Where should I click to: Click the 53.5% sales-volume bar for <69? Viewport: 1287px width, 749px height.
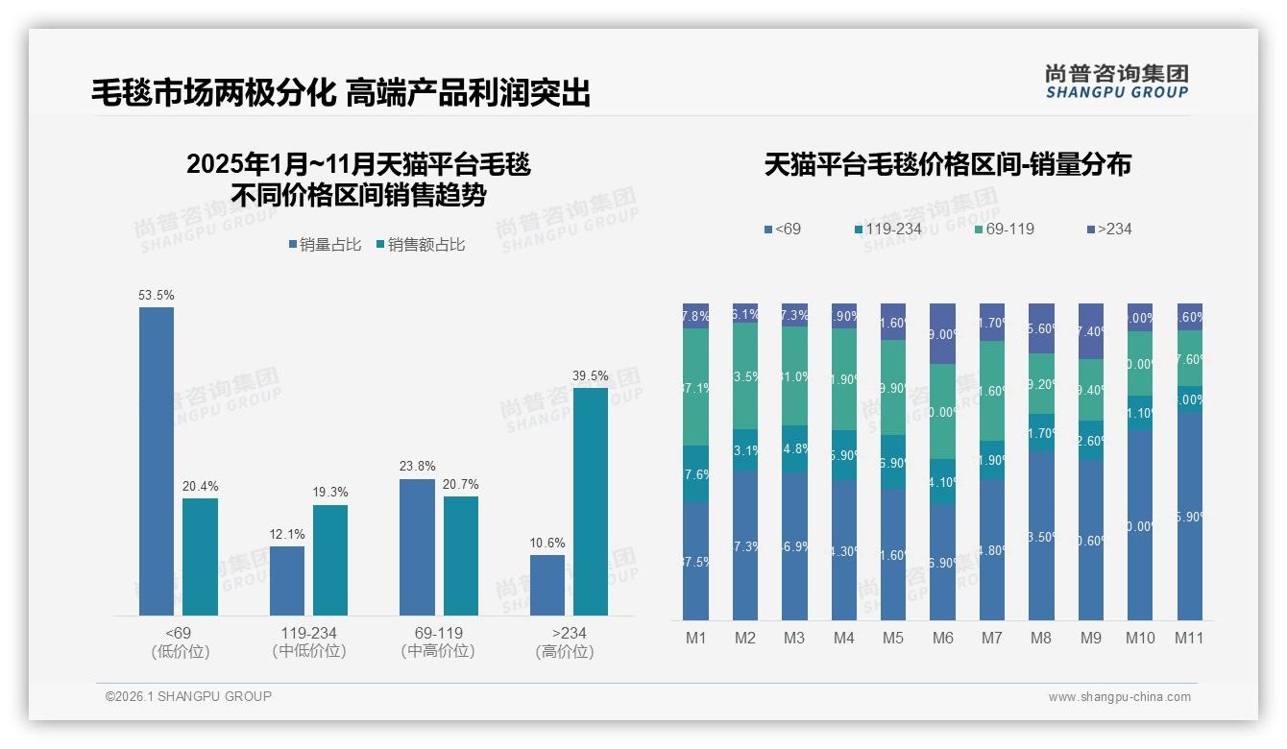tap(157, 461)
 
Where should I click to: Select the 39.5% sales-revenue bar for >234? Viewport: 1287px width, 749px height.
tap(591, 501)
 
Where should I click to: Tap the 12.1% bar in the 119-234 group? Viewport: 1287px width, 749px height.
tap(287, 581)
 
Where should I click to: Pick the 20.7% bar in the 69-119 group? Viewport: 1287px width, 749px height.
tap(461, 555)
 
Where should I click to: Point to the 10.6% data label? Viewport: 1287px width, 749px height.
tap(547, 543)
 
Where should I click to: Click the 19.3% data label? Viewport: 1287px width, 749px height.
tap(330, 492)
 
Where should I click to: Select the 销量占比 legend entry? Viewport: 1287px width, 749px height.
tap(325, 245)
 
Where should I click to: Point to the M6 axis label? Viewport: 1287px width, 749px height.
tap(942, 638)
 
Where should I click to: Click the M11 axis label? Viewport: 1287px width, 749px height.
tap(1189, 638)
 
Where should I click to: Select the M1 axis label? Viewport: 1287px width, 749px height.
tap(695, 638)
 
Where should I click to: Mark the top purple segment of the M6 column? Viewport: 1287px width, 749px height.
tap(942, 333)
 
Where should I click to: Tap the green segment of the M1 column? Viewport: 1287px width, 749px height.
tap(695, 387)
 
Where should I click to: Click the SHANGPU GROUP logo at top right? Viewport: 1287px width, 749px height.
tap(1116, 82)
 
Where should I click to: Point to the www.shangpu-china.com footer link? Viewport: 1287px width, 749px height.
tap(1119, 697)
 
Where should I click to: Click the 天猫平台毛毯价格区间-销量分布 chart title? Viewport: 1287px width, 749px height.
tap(947, 165)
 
